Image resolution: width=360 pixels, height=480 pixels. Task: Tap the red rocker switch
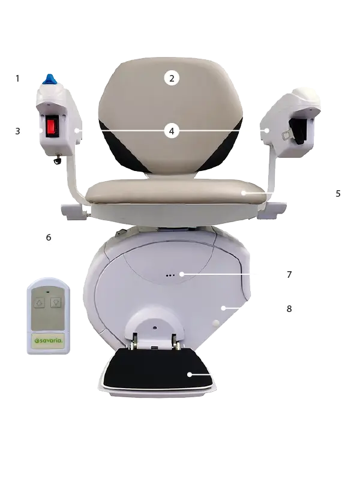coord(52,127)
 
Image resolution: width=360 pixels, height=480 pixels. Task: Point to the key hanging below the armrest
coord(57,159)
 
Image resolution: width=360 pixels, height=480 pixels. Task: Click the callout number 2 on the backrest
coord(172,79)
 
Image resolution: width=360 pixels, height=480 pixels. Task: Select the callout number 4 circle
coord(172,131)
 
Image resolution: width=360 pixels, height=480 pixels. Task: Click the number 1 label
coord(18,79)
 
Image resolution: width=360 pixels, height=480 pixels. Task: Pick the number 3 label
coord(18,131)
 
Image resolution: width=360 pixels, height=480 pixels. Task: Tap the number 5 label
coord(338,194)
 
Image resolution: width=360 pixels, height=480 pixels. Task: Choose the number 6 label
coord(49,238)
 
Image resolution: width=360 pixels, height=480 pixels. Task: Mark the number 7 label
coord(289,275)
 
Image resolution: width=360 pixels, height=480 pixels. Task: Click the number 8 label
coord(289,309)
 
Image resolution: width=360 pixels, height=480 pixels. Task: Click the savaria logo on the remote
coord(49,341)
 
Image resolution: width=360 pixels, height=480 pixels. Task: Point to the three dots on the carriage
coord(170,275)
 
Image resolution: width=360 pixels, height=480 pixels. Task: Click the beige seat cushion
coord(175,191)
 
